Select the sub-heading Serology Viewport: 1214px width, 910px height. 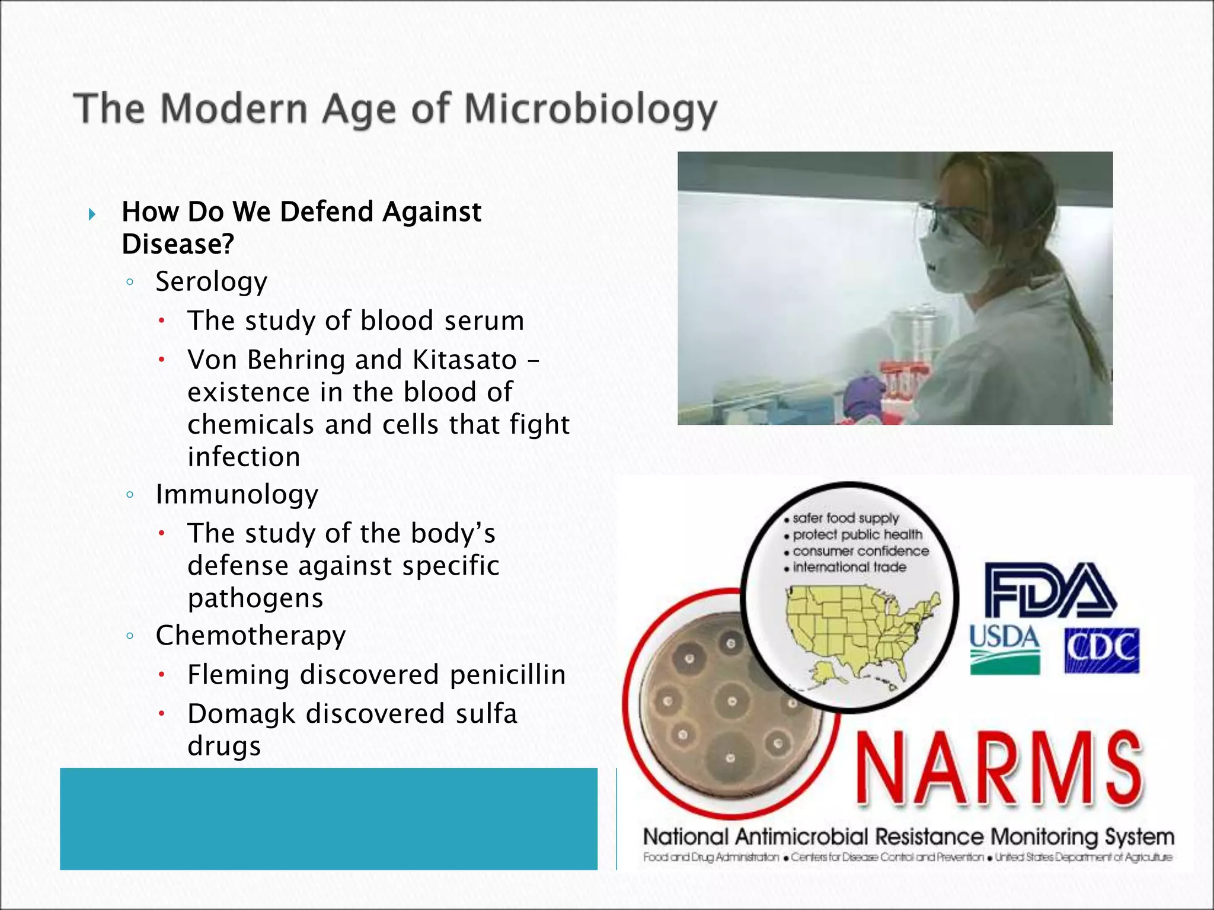211,281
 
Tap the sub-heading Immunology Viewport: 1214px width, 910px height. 237,494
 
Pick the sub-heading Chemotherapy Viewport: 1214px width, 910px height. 250,636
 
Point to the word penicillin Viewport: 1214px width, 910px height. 507,675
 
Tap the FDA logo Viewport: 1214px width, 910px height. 1049,591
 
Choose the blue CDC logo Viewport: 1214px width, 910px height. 1101,651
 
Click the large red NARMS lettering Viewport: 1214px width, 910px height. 998,768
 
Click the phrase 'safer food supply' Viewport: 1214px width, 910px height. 845,518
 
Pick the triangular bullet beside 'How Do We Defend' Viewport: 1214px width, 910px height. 92,214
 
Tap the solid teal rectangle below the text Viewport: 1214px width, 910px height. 328,819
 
